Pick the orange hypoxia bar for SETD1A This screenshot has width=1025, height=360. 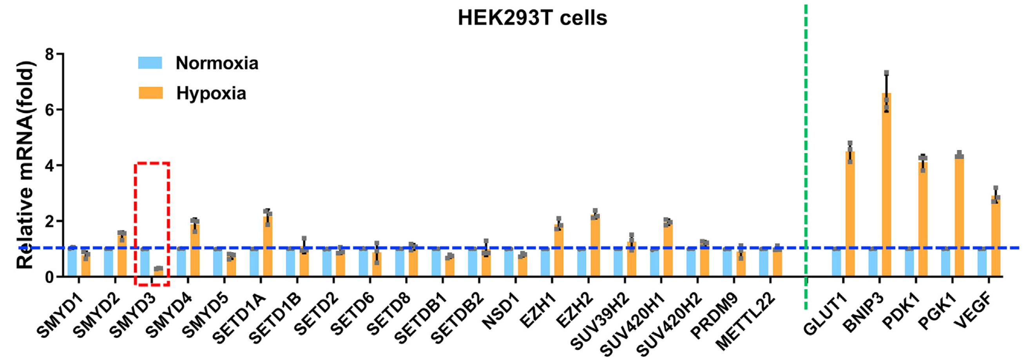pos(268,247)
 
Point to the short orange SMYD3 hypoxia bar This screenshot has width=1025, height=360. pos(158,273)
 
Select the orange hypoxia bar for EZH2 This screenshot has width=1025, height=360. pos(595,246)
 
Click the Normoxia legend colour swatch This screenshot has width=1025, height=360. pos(150,63)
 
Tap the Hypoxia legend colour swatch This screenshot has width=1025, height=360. pos(150,93)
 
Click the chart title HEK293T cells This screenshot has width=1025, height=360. pos(532,18)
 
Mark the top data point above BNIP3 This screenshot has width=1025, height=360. pos(887,73)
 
